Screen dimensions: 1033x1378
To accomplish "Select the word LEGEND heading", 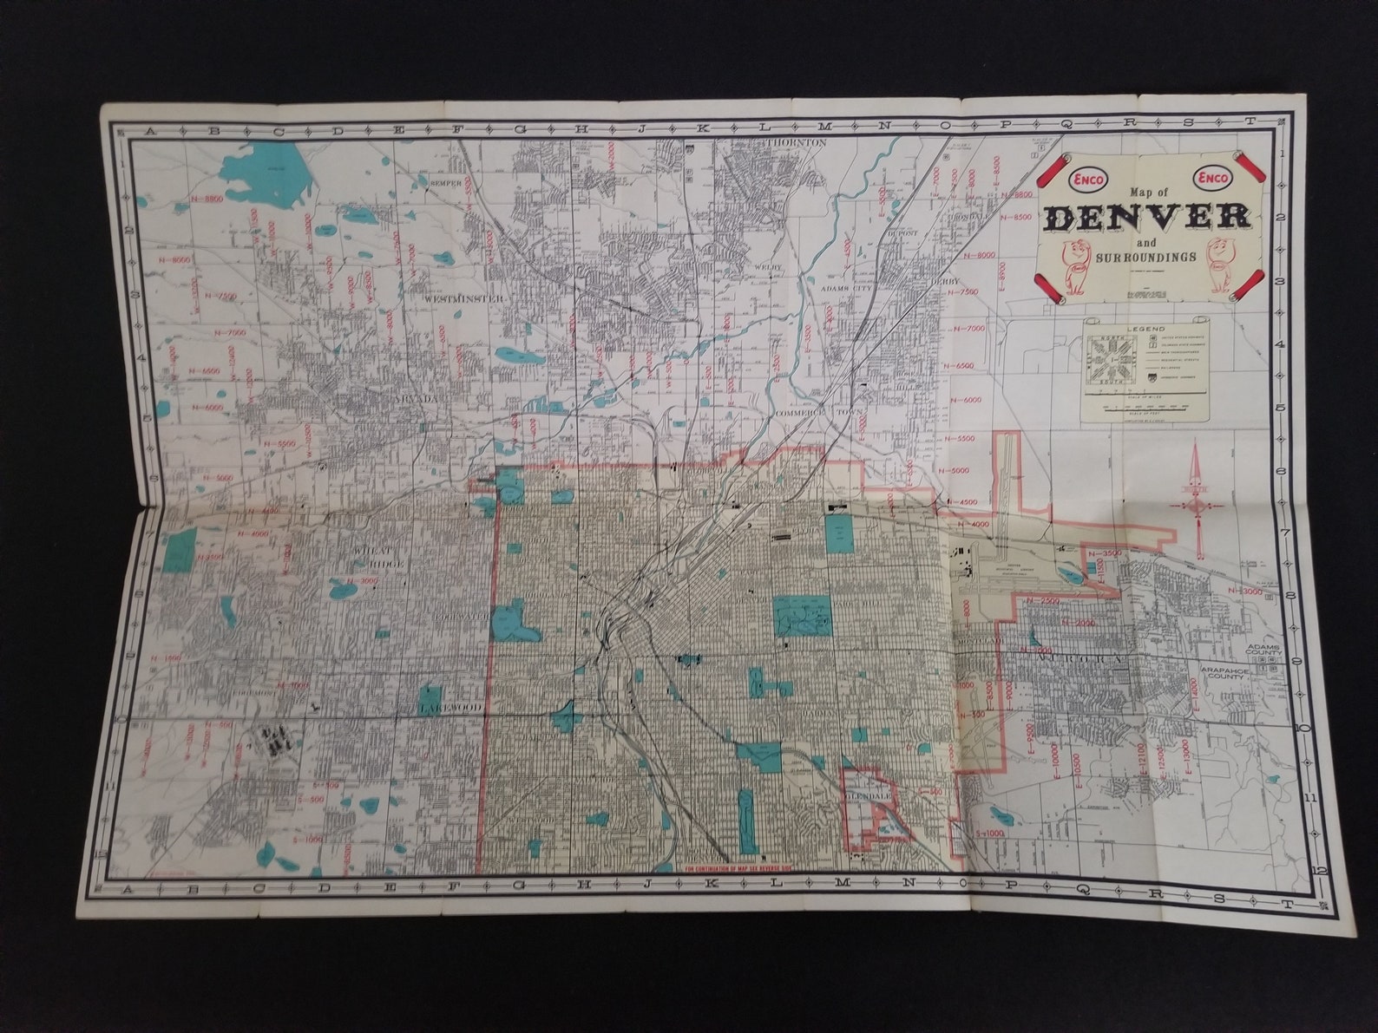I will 1145,330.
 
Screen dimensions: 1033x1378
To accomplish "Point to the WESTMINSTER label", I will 464,298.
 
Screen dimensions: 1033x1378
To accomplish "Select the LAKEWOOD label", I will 449,709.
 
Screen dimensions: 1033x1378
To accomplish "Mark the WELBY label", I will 769,267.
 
